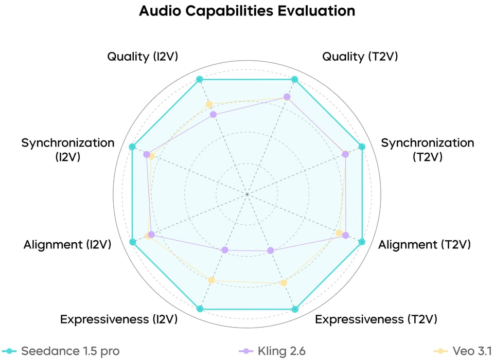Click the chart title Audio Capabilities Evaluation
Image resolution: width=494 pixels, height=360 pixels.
coord(247,11)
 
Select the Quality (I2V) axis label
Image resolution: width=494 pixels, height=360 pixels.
coord(143,57)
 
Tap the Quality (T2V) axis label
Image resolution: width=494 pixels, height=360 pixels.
coord(360,57)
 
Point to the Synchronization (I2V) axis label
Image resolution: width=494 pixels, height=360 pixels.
coord(67,150)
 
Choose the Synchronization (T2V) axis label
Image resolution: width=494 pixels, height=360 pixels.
coord(427,150)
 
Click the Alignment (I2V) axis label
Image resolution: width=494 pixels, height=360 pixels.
coord(67,245)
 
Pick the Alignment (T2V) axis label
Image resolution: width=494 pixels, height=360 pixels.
coord(425,245)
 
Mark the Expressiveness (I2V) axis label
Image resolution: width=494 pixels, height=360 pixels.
coord(119,319)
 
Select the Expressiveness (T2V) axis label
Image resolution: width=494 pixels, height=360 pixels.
coord(376,319)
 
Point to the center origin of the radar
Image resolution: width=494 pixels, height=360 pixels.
coord(248,194)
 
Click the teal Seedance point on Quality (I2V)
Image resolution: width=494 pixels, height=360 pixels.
coord(200,80)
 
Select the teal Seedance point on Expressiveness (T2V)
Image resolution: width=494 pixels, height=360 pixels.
coord(295,309)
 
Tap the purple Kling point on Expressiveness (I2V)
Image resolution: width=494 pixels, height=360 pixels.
coord(224,250)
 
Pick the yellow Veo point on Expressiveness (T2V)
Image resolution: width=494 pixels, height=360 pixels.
coord(284,283)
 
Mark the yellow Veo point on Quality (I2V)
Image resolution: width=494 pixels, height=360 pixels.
coord(209,104)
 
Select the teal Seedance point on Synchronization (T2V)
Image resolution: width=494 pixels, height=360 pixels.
coord(362,147)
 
